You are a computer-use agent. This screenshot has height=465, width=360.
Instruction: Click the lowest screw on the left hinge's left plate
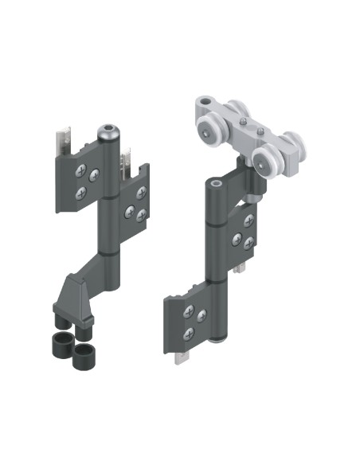[x=80, y=193]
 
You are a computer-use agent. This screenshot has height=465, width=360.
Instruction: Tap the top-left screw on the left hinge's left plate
[x=80, y=169]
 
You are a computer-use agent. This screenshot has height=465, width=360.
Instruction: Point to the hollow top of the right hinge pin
[x=216, y=184]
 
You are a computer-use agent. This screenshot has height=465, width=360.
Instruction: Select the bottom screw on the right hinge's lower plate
[x=189, y=332]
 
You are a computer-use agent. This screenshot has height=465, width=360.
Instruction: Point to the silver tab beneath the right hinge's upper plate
[x=239, y=269]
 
